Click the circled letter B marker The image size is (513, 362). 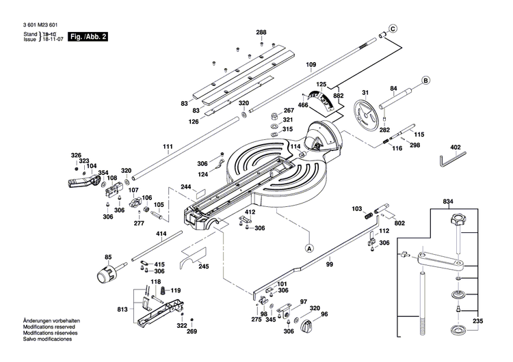425,80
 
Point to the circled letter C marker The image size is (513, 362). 393,29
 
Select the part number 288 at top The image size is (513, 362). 261,33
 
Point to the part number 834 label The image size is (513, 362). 448,201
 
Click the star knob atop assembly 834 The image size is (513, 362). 456,221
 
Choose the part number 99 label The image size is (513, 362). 329,264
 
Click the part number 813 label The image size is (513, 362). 122,309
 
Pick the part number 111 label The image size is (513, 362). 168,148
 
